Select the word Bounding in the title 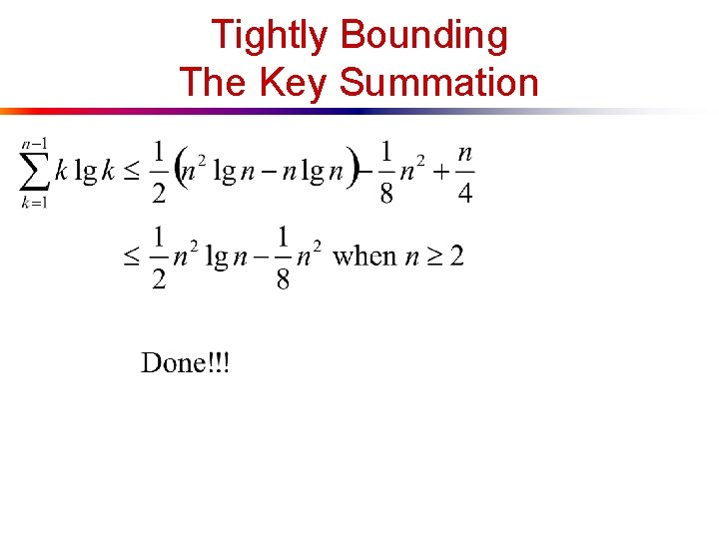click(x=423, y=36)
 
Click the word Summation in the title click(x=438, y=83)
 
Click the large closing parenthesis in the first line click(x=352, y=171)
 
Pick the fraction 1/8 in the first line click(x=386, y=171)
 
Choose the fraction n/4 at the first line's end click(x=464, y=171)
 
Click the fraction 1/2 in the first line click(x=159, y=171)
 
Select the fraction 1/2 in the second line click(x=159, y=257)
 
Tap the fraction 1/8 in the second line click(x=283, y=257)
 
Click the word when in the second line click(x=363, y=257)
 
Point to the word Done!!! click(x=185, y=362)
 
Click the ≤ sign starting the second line click(x=132, y=258)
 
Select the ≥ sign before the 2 click(x=431, y=258)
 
